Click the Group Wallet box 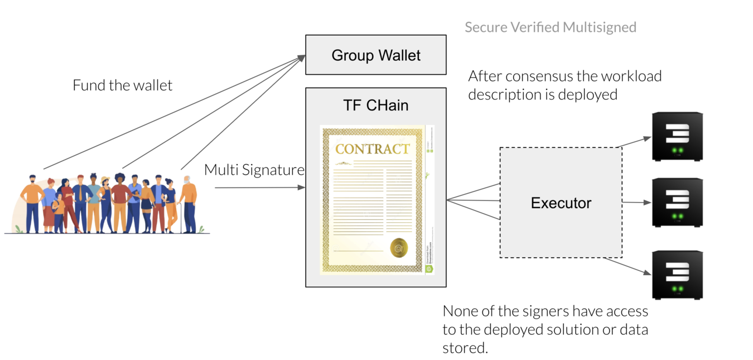(x=375, y=55)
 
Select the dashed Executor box (x=561, y=202)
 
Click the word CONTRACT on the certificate (x=372, y=149)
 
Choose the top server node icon (x=677, y=137)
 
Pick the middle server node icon (x=677, y=202)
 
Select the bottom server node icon (x=677, y=275)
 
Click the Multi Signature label (x=254, y=170)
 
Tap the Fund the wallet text (x=123, y=85)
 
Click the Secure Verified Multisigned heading (x=550, y=27)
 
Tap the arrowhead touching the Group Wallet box (x=302, y=57)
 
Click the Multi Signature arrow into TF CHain (x=259, y=188)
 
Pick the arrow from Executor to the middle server (x=636, y=202)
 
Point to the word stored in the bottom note (x=463, y=348)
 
